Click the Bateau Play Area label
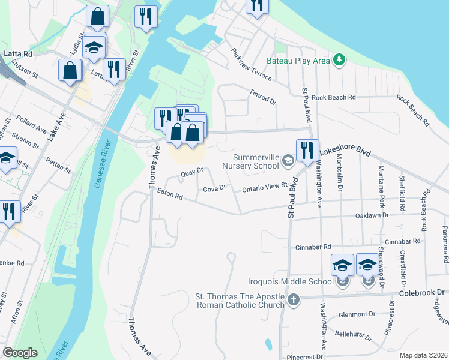(298, 61)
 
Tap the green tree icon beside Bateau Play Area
(340, 59)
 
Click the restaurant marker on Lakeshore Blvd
(307, 151)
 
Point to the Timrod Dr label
(262, 97)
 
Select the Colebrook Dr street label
(423, 293)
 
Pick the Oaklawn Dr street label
(372, 214)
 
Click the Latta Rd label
(18, 53)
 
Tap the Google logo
(20, 352)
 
